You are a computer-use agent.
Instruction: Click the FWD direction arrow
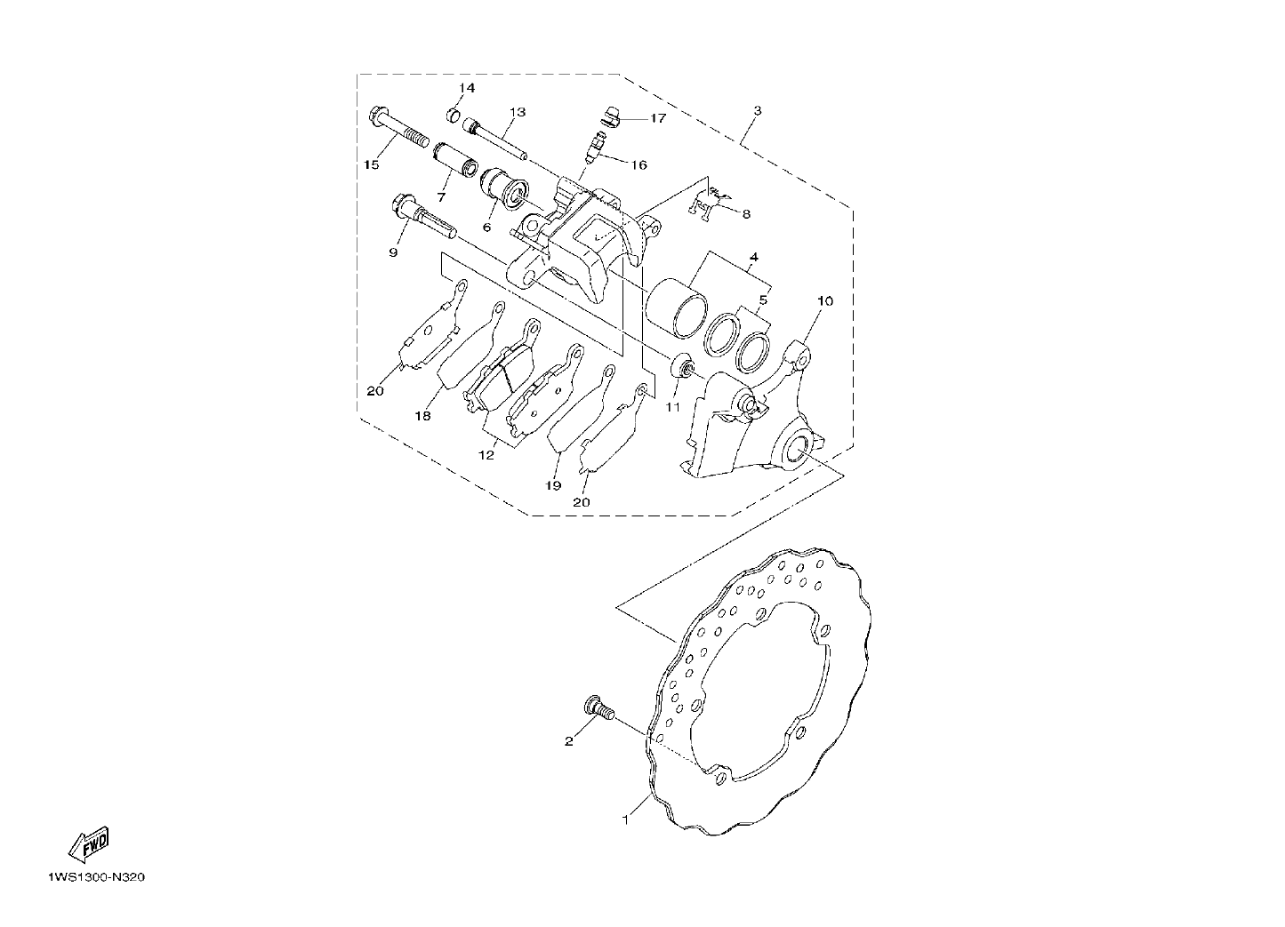point(88,845)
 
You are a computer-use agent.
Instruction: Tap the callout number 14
point(466,88)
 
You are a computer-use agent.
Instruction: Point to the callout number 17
point(658,118)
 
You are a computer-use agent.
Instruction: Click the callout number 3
point(758,110)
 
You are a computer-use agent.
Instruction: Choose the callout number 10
point(825,301)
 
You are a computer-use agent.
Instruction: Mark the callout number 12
point(486,455)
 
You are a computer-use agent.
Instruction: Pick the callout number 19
point(553,485)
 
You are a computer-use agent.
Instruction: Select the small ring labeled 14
point(454,115)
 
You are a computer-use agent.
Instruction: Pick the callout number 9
point(393,252)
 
